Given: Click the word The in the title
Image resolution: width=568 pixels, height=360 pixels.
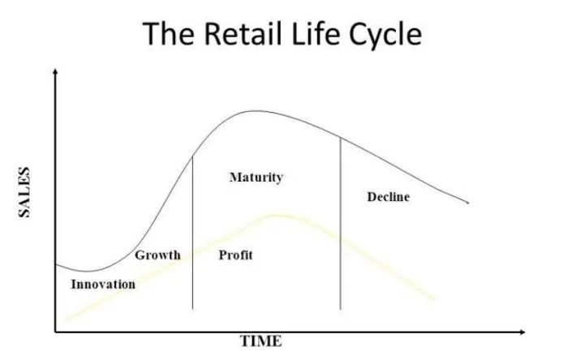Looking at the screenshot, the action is [x=168, y=33].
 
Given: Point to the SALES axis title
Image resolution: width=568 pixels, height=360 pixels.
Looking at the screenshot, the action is [x=24, y=192].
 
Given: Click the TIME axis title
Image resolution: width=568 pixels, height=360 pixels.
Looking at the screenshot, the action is [x=260, y=341].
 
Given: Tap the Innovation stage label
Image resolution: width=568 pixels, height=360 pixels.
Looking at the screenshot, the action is [x=103, y=284].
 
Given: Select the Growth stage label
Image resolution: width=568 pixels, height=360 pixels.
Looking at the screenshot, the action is [x=157, y=255].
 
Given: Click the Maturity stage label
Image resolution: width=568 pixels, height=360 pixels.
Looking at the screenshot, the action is [x=256, y=178].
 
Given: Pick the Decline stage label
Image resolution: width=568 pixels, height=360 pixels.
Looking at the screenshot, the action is [x=389, y=197].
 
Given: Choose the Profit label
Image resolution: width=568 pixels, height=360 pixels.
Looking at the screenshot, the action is [x=235, y=255].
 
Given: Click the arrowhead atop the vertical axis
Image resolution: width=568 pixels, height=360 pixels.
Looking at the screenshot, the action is [x=55, y=71].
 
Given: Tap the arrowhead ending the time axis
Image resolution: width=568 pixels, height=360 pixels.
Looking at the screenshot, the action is [x=523, y=332].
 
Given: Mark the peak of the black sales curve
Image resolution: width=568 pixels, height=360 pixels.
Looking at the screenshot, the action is [x=256, y=111].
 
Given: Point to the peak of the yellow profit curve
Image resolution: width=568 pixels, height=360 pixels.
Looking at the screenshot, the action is [x=278, y=216].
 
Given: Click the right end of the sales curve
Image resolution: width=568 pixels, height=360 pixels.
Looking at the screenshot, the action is [x=468, y=203].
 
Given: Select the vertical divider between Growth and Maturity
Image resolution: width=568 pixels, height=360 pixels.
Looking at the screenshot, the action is [x=193, y=232].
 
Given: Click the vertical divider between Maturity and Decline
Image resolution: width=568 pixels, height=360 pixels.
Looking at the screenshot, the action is [x=341, y=223].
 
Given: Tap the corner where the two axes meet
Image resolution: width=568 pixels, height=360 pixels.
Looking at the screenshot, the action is [x=55, y=332].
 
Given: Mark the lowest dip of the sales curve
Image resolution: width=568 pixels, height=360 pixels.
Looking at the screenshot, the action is [x=88, y=271].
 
